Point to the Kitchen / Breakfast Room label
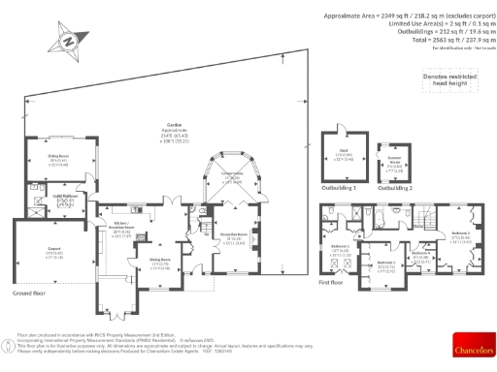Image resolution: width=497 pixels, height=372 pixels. tap(121, 232)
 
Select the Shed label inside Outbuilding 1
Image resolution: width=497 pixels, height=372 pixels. tap(345, 155)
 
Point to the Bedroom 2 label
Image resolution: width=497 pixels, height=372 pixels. tap(460, 233)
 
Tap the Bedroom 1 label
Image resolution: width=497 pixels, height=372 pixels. tap(340, 249)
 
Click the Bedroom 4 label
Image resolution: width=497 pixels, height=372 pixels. tap(420, 255)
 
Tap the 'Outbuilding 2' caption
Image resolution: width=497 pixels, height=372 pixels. tap(395, 188)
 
